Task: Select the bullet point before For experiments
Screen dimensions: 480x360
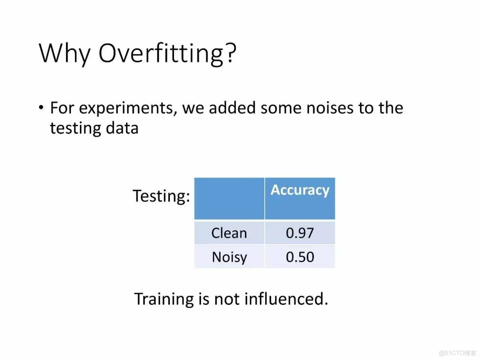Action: coord(41,108)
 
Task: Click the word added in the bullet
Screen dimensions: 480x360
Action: coord(232,108)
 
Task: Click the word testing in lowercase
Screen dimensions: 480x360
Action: coord(75,129)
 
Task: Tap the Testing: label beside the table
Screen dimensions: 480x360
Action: coord(161,196)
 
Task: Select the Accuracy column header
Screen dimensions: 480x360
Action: coord(300,190)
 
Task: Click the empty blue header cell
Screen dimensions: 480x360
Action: coord(229,198)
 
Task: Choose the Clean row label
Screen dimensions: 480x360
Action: coord(229,233)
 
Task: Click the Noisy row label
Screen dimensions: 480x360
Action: coord(229,257)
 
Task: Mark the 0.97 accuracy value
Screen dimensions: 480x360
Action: coord(300,233)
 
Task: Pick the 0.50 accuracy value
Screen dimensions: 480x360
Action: coord(300,257)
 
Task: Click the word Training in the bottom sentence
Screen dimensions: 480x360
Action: coord(164,299)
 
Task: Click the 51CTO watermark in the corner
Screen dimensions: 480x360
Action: coord(457,353)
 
